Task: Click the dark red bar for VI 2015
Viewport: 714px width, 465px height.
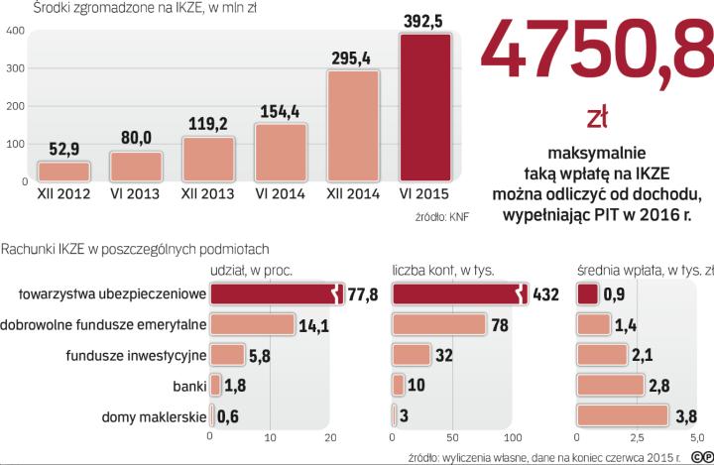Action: [x=427, y=107]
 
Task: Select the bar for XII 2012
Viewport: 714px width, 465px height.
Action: [x=62, y=171]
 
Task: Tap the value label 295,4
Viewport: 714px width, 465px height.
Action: [x=351, y=58]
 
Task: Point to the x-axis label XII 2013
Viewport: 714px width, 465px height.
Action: [x=207, y=195]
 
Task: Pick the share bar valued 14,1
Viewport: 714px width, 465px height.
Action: [x=252, y=324]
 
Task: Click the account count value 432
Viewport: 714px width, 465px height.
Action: [x=547, y=293]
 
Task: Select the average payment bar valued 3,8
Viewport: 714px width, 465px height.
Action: [x=622, y=415]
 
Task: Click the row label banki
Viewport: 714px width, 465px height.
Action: [x=186, y=385]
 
